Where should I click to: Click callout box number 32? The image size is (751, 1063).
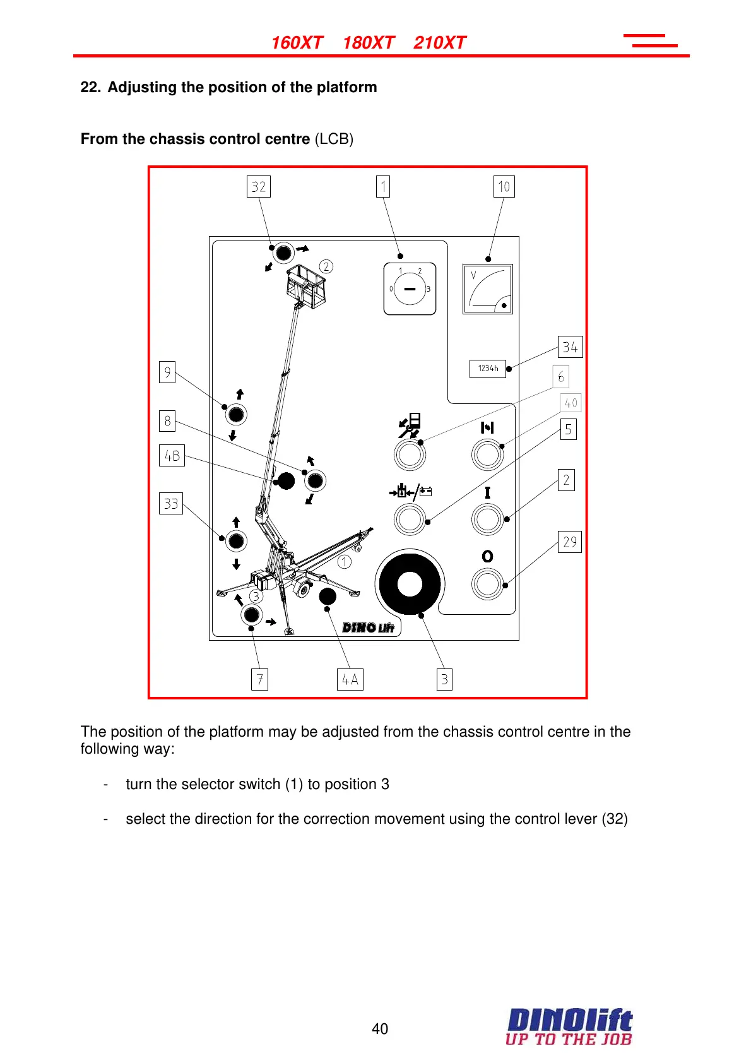pos(258,187)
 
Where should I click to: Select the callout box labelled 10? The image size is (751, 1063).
pos(504,187)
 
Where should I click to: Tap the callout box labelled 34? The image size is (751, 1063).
pos(570,347)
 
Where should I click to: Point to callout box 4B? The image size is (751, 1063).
pos(172,455)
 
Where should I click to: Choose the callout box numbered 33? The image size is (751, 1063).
pos(170,504)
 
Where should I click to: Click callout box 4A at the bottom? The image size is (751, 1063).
pos(350,679)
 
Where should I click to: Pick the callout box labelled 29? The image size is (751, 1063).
pos(569,542)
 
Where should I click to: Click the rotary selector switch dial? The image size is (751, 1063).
pos(410,289)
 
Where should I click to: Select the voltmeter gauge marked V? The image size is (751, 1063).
pos(487,289)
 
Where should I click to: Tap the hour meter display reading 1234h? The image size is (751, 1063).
pos(488,369)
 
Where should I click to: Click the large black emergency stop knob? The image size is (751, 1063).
pos(410,584)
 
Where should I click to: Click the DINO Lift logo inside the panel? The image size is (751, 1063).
pos(368,627)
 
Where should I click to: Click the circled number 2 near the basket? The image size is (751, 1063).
pos(326,266)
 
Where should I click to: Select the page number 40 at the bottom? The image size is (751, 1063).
pos(380,1029)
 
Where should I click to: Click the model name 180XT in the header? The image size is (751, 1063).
pos(369,43)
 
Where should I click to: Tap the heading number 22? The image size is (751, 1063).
pos(90,87)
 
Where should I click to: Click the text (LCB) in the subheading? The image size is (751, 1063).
pos(334,139)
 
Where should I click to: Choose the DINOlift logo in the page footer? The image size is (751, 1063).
pos(569,1026)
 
